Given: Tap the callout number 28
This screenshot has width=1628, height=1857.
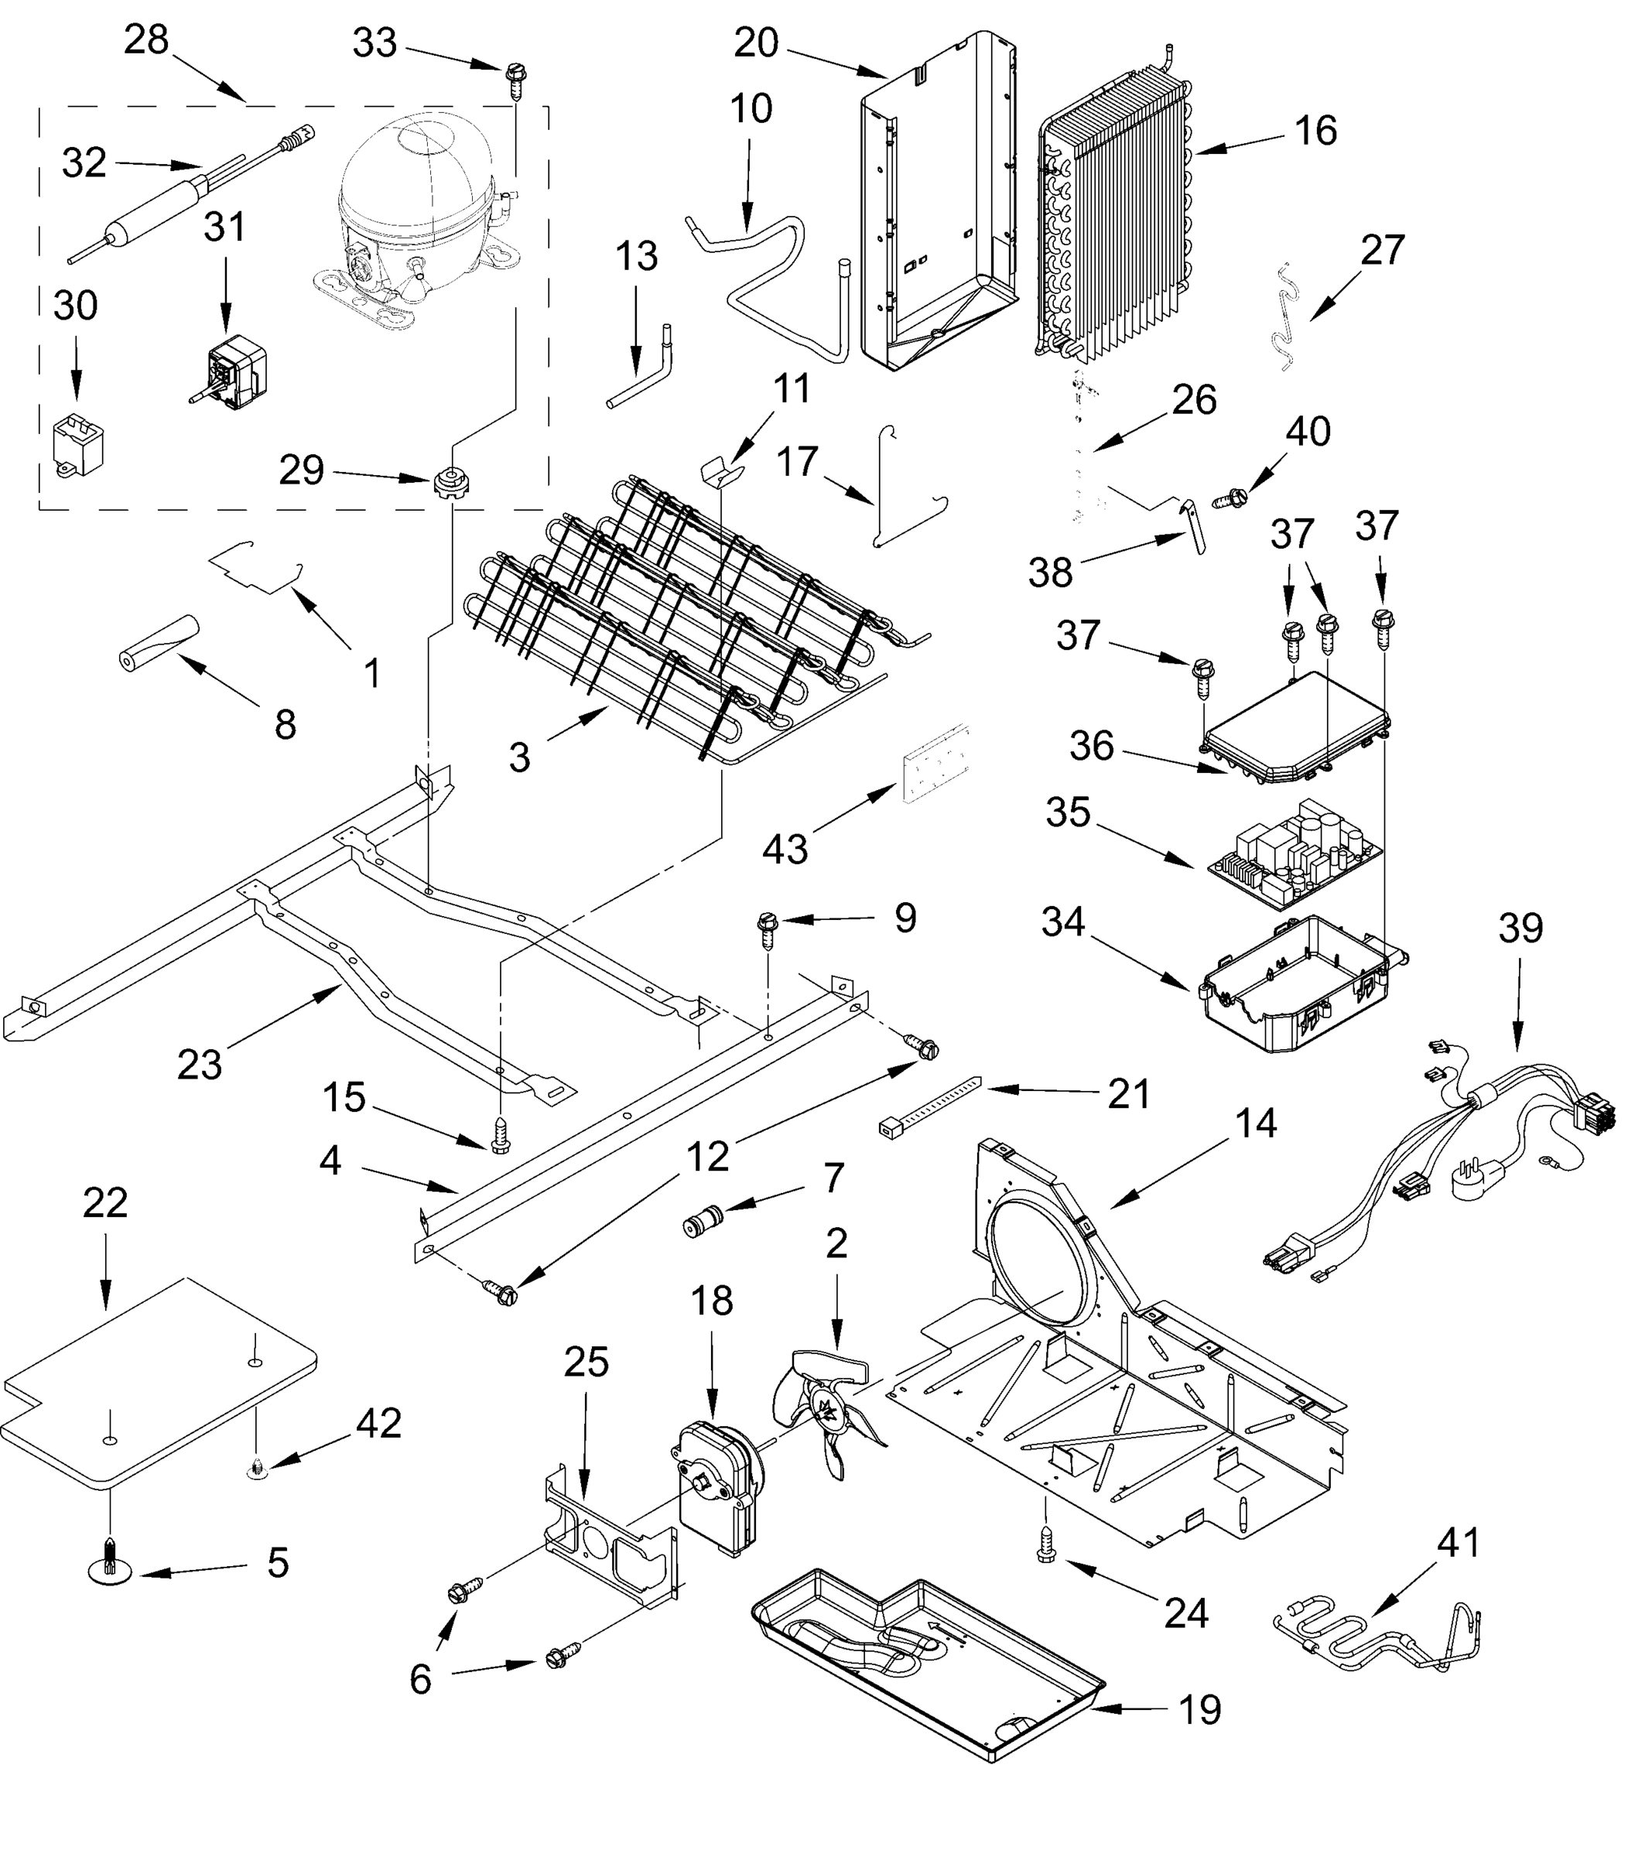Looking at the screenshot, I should coord(146,40).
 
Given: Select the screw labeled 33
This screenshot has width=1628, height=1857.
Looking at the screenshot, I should coord(515,82).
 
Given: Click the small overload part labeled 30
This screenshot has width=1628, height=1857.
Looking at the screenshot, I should coord(78,444).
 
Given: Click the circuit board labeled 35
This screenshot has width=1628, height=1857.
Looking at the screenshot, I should coord(1295,853).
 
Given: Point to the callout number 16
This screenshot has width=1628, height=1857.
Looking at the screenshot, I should coord(1315,131).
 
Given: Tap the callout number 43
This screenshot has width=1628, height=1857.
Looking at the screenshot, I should coord(784,850).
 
